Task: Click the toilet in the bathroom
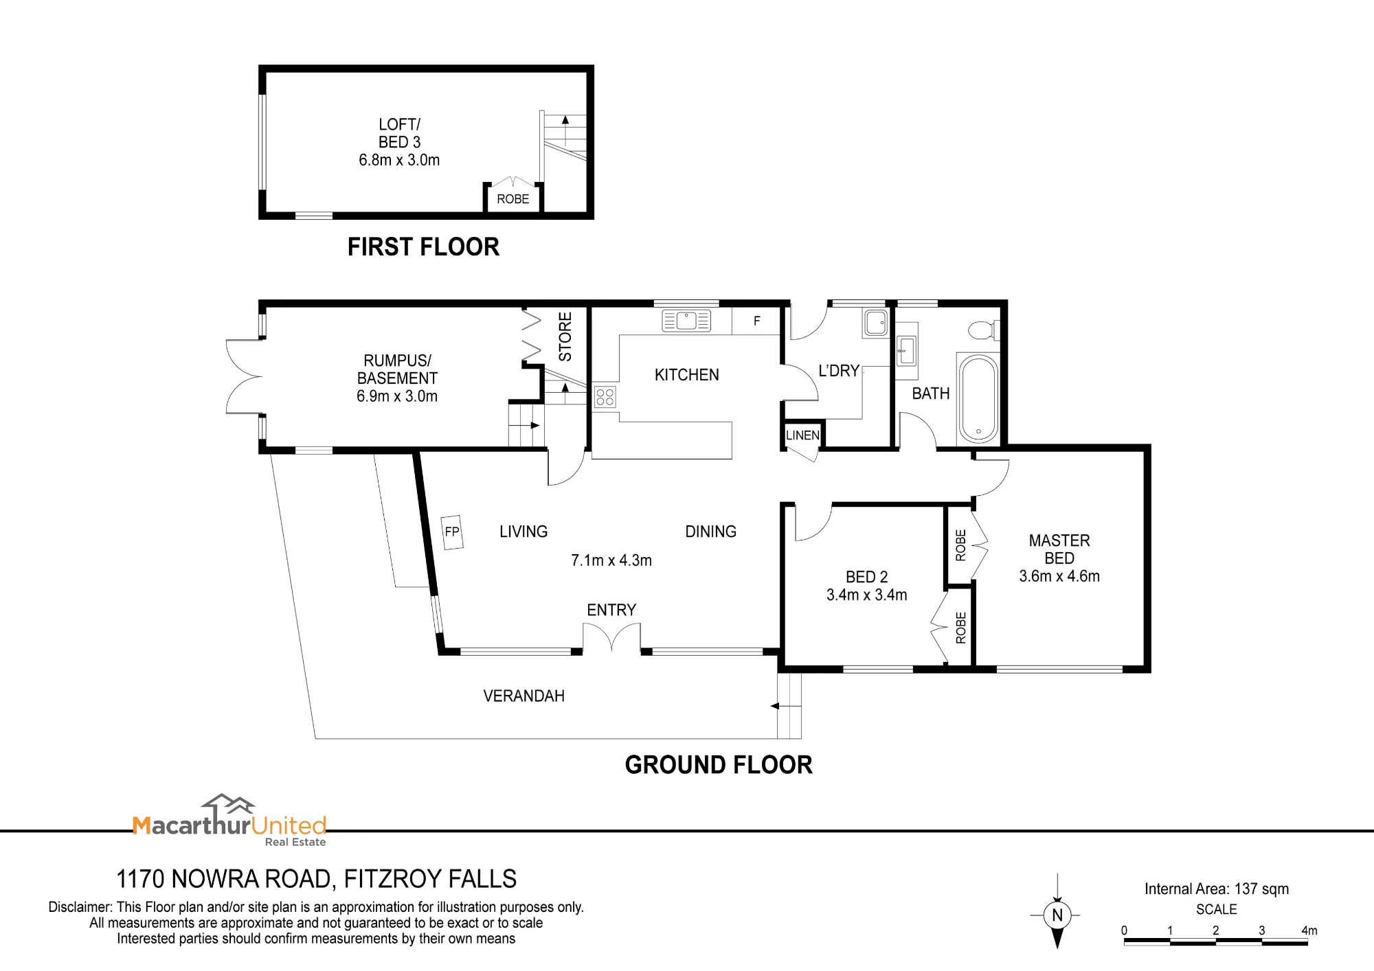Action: [x=984, y=330]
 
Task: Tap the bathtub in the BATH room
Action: [x=978, y=398]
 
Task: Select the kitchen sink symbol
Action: [x=686, y=321]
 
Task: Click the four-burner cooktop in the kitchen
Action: [x=605, y=397]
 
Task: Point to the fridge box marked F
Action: [x=756, y=321]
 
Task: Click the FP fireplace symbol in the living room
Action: [x=452, y=532]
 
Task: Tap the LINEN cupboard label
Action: [x=802, y=435]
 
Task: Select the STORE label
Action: [x=565, y=336]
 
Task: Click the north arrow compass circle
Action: [x=1057, y=915]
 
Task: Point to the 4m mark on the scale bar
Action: [x=1309, y=930]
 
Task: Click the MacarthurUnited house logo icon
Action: [x=228, y=805]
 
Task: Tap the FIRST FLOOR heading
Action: [x=423, y=247]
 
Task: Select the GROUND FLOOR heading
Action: [x=719, y=764]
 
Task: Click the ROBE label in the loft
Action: [x=513, y=199]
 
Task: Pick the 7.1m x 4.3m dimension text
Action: [x=611, y=560]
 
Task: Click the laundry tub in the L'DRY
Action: [x=876, y=323]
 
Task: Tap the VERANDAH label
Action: [x=524, y=696]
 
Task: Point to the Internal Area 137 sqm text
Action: [x=1217, y=889]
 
